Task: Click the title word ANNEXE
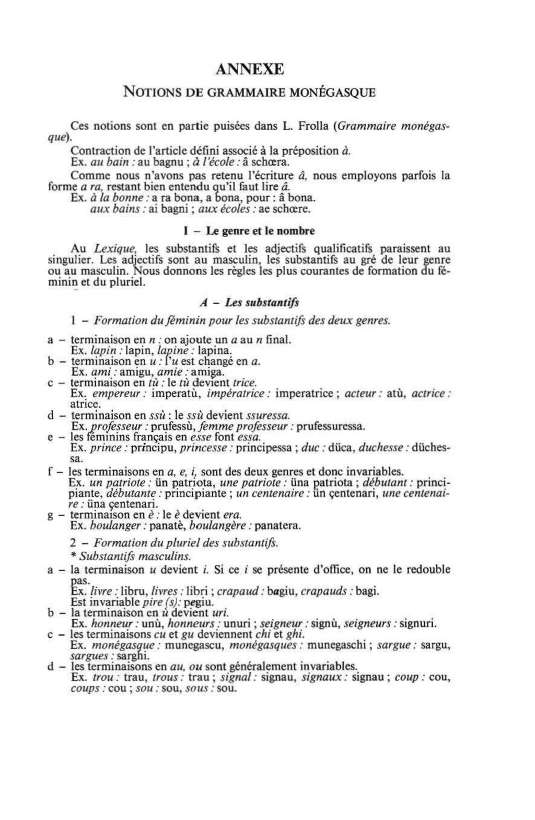coord(249,69)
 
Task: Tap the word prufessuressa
coord(332,426)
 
